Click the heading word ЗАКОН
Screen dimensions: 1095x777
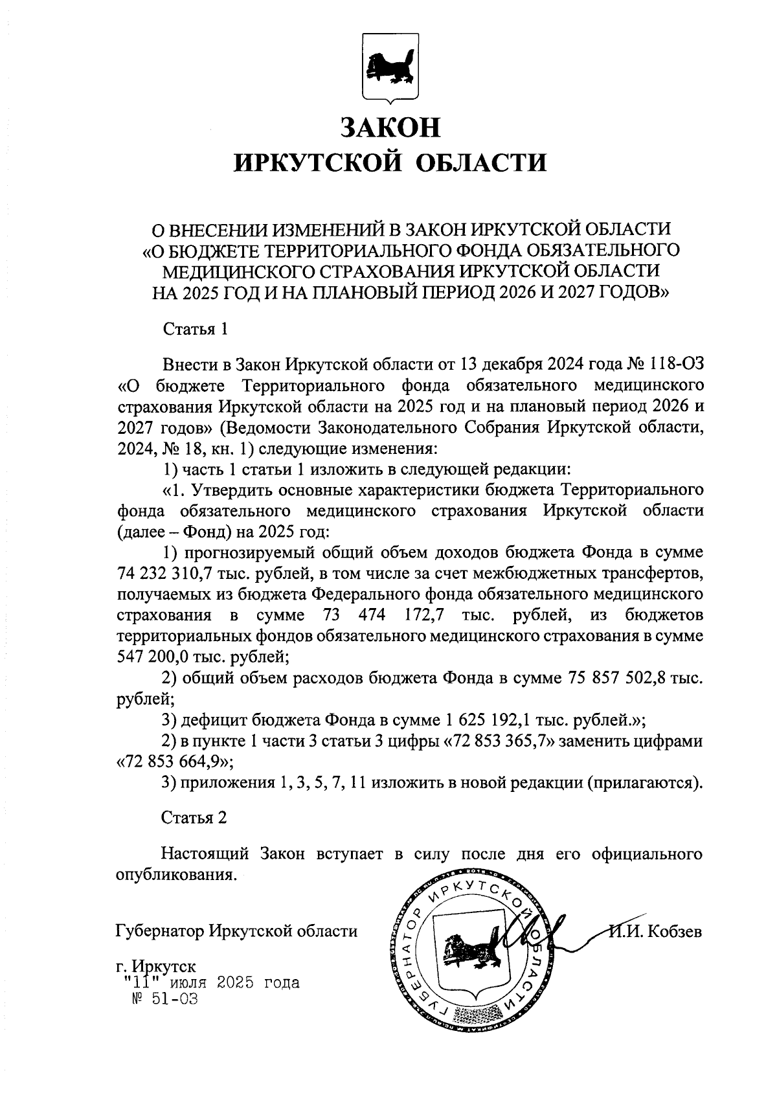click(x=390, y=128)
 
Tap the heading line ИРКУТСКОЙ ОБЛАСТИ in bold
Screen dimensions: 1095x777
click(x=390, y=163)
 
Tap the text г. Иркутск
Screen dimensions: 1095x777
click(x=155, y=967)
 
